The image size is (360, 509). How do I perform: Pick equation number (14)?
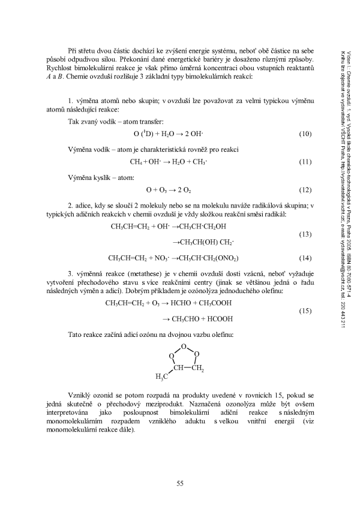(x=305, y=258)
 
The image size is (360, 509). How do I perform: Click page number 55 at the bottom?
(x=180, y=484)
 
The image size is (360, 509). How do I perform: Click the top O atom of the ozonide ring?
(x=184, y=347)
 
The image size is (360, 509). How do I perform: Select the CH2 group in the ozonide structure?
(x=198, y=368)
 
